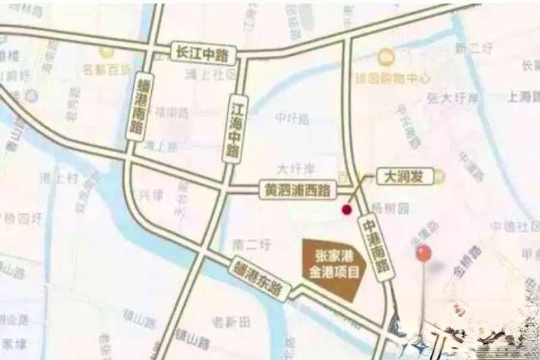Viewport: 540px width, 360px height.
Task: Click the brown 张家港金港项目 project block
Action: coord(333,267)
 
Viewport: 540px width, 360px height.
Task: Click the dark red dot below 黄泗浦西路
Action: coord(346,209)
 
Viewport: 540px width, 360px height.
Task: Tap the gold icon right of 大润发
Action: coord(441,176)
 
